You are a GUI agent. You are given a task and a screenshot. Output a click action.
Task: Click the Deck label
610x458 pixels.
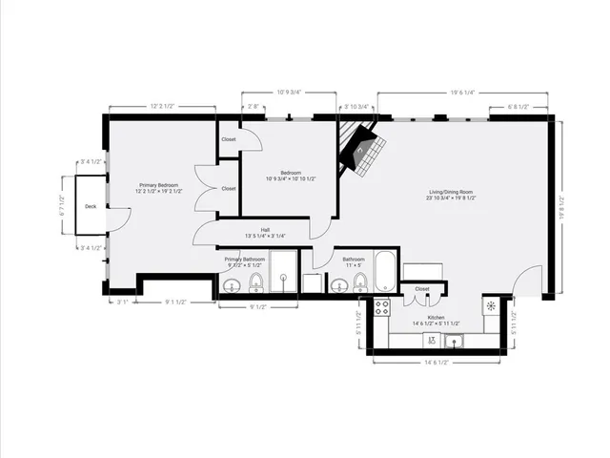(90, 206)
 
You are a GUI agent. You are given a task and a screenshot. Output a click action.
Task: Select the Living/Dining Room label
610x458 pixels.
(451, 193)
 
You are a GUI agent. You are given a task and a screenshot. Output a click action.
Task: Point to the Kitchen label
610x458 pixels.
(436, 317)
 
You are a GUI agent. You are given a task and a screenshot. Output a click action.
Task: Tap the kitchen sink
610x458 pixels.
(455, 341)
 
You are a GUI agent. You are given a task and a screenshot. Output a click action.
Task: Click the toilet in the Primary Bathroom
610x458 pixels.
(255, 282)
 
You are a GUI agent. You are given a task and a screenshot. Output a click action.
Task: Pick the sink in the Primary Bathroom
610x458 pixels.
(231, 285)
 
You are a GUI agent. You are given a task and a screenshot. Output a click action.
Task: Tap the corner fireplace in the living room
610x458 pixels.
(362, 151)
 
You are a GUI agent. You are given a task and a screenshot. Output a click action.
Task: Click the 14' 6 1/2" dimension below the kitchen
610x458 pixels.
(436, 363)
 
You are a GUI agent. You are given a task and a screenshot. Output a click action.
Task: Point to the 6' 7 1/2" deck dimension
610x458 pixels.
(61, 206)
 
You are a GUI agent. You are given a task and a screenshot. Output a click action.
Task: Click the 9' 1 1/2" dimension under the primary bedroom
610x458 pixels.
(175, 302)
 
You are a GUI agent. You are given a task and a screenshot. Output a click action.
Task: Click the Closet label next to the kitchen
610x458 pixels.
(422, 288)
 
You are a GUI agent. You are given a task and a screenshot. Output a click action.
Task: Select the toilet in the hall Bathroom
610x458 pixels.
(359, 282)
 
